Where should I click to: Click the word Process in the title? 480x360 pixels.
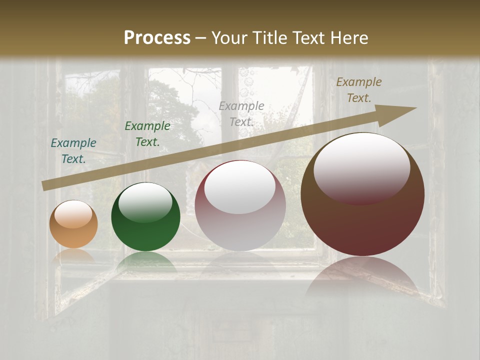pos(157,38)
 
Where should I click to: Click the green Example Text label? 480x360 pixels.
pos(147,134)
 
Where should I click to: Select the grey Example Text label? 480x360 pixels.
pos(241,114)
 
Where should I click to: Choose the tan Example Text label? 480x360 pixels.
pos(358,90)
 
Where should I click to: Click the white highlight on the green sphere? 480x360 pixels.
pos(145,203)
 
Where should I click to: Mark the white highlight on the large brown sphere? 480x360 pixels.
pos(361,168)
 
